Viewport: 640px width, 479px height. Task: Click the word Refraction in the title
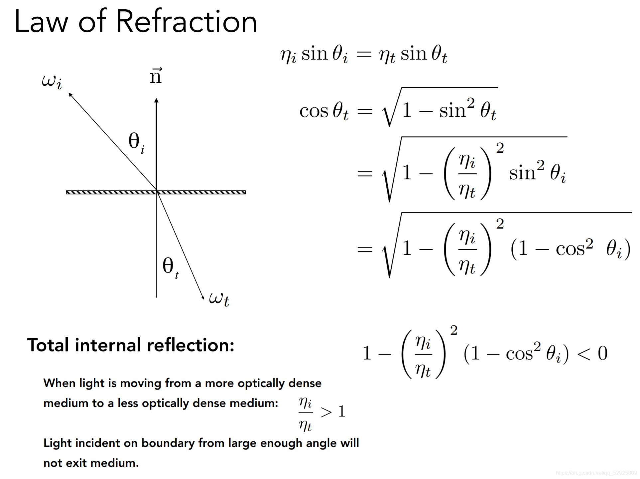[x=187, y=22]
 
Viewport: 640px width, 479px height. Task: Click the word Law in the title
[x=41, y=22]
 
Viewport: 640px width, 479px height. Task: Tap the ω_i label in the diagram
[x=52, y=81]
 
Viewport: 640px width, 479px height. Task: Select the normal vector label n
[x=156, y=76]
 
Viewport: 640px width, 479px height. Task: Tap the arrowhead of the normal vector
[x=157, y=100]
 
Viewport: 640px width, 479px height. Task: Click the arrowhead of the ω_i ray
[x=70, y=95]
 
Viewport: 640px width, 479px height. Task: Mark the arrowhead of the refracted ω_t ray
[x=202, y=297]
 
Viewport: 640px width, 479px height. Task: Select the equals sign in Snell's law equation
[x=364, y=54]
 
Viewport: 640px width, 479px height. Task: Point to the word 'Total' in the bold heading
[x=48, y=345]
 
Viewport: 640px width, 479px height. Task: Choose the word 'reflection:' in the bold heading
[x=191, y=345]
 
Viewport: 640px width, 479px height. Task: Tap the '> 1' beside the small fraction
[x=333, y=412]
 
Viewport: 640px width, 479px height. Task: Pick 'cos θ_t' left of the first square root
[x=324, y=111]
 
